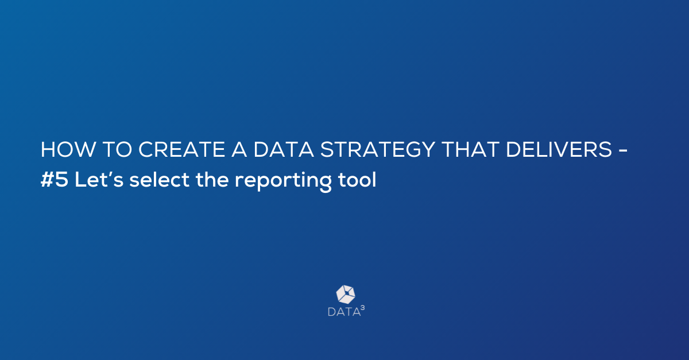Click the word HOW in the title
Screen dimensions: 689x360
[x=68, y=149]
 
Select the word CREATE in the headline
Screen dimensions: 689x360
[x=181, y=149]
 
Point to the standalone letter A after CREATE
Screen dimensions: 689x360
[x=239, y=149]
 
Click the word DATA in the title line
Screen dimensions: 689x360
[x=283, y=149]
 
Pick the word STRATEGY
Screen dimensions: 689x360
[x=377, y=149]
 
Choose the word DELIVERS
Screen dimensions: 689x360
[x=559, y=149]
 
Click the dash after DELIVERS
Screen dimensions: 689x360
[x=622, y=151]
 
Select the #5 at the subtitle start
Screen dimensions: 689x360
[x=54, y=179]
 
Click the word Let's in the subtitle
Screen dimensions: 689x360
[x=99, y=179]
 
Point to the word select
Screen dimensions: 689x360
[x=160, y=179]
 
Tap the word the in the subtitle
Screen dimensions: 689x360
[x=212, y=179]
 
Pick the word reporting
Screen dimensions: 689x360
[x=283, y=181]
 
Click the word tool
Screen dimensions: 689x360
[x=357, y=179]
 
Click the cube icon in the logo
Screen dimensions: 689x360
[x=346, y=295]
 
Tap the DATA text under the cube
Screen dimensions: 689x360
[x=344, y=312]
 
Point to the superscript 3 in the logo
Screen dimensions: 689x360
[x=363, y=308]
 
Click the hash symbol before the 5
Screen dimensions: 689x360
[x=47, y=179]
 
